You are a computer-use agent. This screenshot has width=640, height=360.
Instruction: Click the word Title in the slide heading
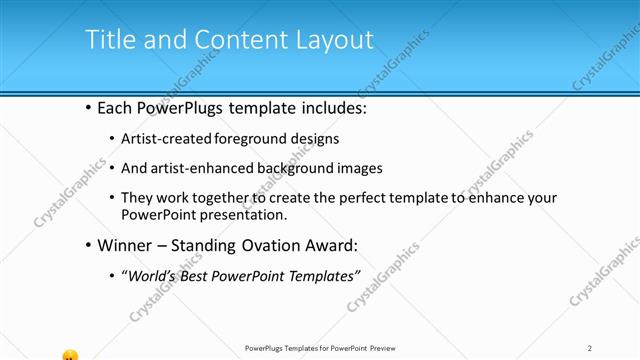click(x=108, y=39)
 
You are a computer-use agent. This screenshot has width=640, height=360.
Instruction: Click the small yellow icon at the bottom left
click(x=69, y=354)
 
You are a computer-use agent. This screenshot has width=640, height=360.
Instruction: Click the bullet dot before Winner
click(x=88, y=245)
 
